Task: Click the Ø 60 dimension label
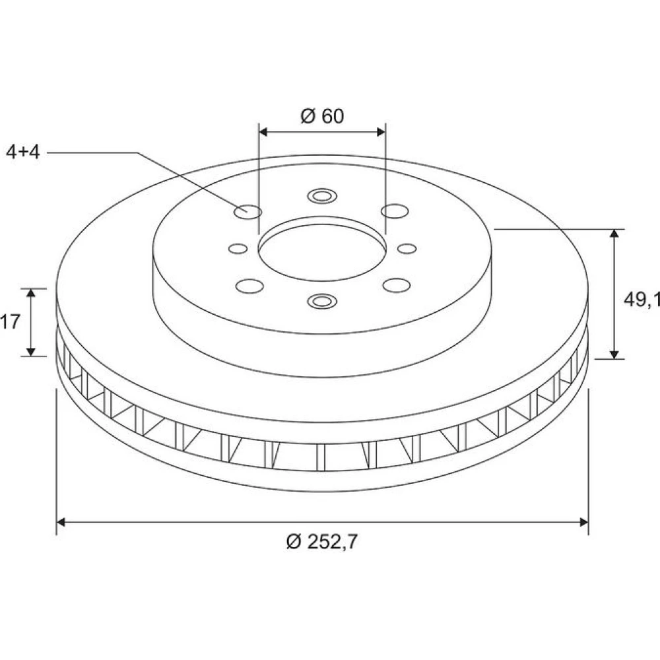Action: (322, 115)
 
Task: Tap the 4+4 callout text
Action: (22, 152)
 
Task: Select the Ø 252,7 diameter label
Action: (321, 541)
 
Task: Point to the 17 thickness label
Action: (10, 322)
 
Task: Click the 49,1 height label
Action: (642, 299)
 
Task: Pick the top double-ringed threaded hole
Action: (322, 196)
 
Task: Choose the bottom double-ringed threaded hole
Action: (322, 301)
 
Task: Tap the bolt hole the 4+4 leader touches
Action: (247, 211)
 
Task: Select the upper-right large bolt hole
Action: (395, 211)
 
